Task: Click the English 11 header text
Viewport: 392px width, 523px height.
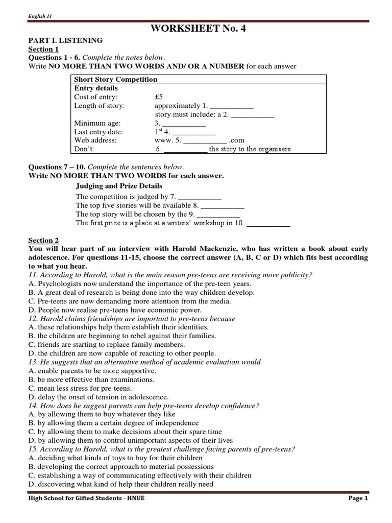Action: [x=40, y=16]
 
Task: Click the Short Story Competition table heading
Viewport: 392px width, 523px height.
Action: [x=116, y=79]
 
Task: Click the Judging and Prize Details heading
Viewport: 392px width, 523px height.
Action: [x=119, y=186]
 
